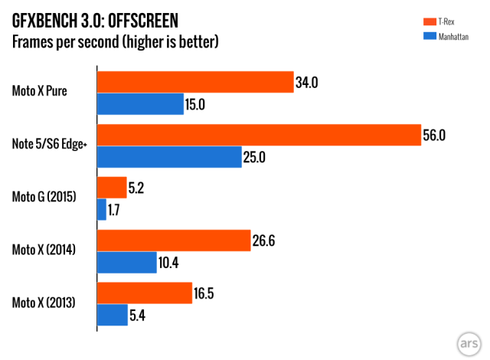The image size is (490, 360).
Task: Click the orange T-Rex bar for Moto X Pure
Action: (195, 83)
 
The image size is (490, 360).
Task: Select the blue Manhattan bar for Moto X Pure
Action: (140, 104)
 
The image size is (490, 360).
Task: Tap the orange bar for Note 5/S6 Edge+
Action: (259, 136)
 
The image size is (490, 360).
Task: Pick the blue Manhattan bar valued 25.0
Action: (169, 157)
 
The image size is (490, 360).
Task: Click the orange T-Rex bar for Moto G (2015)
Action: (112, 188)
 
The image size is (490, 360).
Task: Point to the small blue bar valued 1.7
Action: (102, 209)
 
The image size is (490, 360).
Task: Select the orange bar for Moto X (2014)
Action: (174, 241)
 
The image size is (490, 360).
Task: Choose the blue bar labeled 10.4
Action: (127, 263)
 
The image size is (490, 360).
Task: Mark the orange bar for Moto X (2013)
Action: (144, 293)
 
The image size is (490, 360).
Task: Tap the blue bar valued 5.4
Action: (113, 315)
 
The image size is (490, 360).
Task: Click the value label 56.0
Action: (434, 136)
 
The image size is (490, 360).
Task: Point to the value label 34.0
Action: (306, 83)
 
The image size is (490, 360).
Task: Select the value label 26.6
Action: (263, 241)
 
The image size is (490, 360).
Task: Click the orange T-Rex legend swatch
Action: (429, 23)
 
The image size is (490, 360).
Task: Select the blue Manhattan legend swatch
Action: (429, 35)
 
